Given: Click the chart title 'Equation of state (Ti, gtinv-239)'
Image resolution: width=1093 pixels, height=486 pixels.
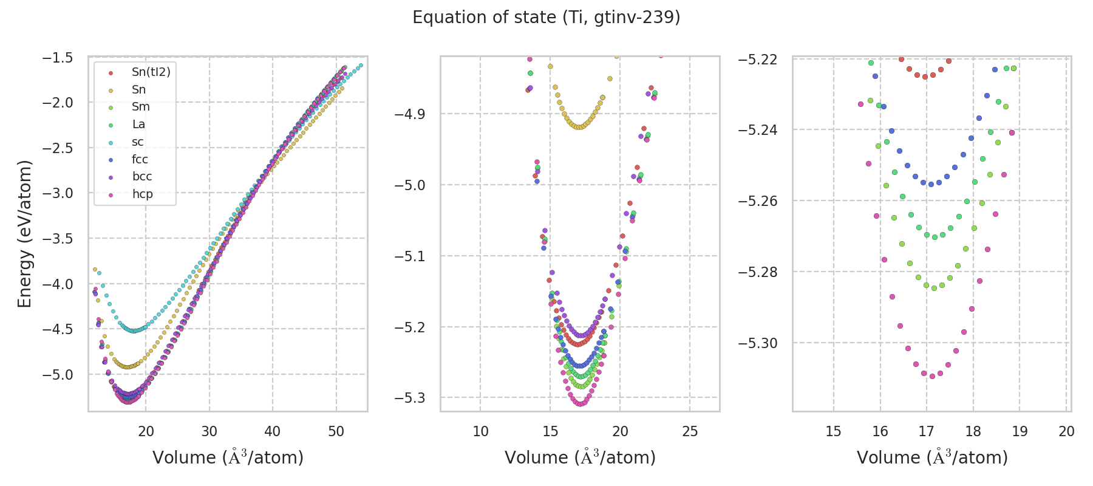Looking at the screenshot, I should pos(546,18).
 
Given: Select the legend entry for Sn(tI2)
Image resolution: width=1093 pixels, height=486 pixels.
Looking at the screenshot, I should pos(151,72).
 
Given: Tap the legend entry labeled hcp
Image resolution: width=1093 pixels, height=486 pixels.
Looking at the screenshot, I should pos(142,194).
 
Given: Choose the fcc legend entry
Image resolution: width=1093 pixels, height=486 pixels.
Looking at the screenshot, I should pos(140,159).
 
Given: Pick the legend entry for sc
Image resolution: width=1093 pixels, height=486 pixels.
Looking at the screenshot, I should pos(138,142).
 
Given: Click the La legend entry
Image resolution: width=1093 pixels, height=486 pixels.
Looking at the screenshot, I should pos(138,125).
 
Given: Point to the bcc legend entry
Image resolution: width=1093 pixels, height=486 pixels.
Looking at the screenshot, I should pos(141,177).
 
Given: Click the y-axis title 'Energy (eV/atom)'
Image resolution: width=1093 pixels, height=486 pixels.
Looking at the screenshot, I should pos(24,234).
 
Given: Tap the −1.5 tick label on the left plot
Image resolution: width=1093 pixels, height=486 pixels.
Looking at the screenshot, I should pos(58,58).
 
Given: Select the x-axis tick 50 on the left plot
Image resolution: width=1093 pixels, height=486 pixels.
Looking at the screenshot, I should pos(336,431).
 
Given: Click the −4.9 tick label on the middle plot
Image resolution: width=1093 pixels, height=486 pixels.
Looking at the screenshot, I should pos(410,114).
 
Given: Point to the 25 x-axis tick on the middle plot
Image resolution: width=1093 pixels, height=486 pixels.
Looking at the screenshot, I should pos(690,431).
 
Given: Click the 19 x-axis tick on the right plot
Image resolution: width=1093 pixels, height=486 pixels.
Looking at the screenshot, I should pos(1020,431).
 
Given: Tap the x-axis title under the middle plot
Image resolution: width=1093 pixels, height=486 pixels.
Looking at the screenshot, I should pos(580,457).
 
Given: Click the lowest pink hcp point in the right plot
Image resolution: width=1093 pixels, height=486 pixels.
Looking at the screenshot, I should pos(932,376).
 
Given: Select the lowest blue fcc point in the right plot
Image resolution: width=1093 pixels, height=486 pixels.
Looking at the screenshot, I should pos(931,184).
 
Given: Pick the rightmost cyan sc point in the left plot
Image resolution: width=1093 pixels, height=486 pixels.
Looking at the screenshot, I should pos(361,66).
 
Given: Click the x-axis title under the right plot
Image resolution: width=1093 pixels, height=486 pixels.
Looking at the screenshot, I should pos(932,457).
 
